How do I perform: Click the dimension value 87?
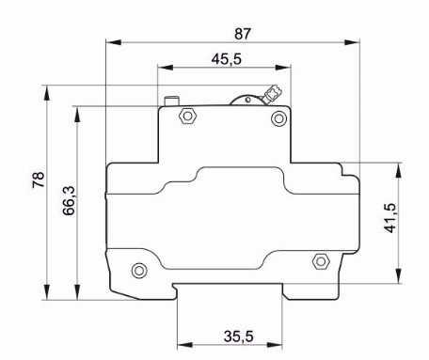pos(243,34)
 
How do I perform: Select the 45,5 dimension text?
pos(227,59)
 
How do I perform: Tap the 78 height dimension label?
pos(39,180)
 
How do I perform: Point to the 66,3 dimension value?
pos(69,200)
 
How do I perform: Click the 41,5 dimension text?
pos(390,218)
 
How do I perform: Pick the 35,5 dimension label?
pos(238,337)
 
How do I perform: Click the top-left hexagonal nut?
pos(187,116)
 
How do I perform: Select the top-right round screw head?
pos(278,118)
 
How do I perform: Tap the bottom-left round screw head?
pos(139,271)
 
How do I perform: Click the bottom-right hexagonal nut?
pos(321,261)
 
